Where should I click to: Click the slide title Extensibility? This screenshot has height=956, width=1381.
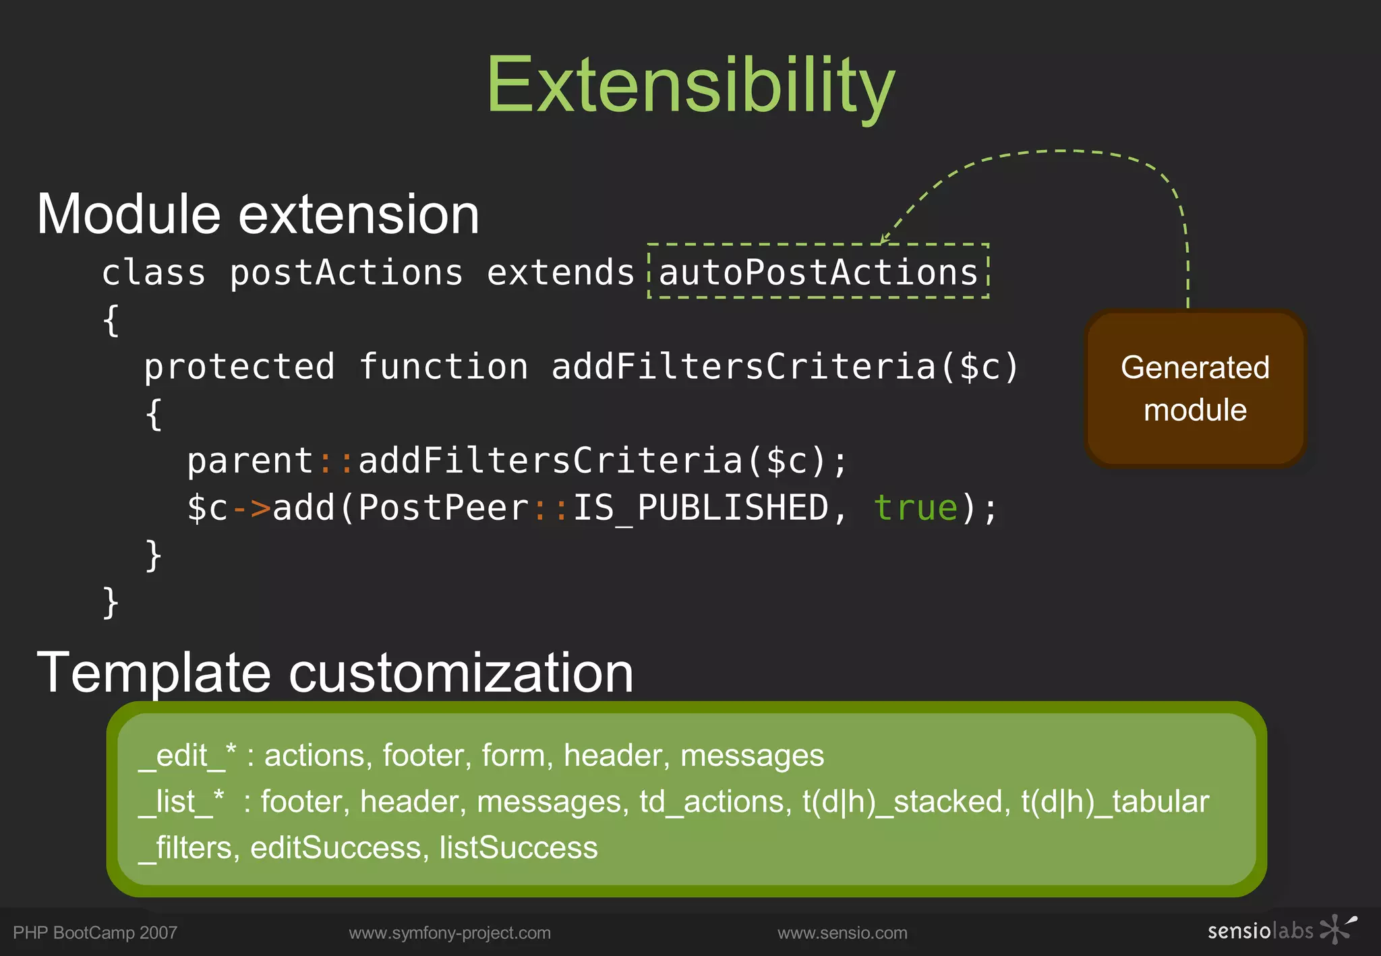690,86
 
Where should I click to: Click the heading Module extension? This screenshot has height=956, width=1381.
258,214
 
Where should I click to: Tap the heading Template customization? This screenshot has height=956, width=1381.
335,673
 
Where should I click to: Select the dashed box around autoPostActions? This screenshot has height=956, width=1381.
818,272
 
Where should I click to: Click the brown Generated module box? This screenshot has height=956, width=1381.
1195,388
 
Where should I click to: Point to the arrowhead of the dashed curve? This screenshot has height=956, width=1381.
884,239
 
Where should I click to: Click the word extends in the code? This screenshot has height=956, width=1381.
560,273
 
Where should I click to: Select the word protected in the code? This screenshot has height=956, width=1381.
239,367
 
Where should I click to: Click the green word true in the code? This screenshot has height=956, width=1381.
915,508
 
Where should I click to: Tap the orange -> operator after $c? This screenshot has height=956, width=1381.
251,508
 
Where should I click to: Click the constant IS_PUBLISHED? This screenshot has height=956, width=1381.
700,508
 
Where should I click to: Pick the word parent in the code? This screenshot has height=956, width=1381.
250,462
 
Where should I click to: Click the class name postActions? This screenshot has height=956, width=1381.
346,273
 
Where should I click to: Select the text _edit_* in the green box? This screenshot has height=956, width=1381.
187,756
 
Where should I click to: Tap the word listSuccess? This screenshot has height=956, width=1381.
518,847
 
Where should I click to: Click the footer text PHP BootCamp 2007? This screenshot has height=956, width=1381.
95,933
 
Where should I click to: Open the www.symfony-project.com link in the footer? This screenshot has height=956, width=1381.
450,933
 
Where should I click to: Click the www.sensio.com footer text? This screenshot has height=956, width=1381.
842,933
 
